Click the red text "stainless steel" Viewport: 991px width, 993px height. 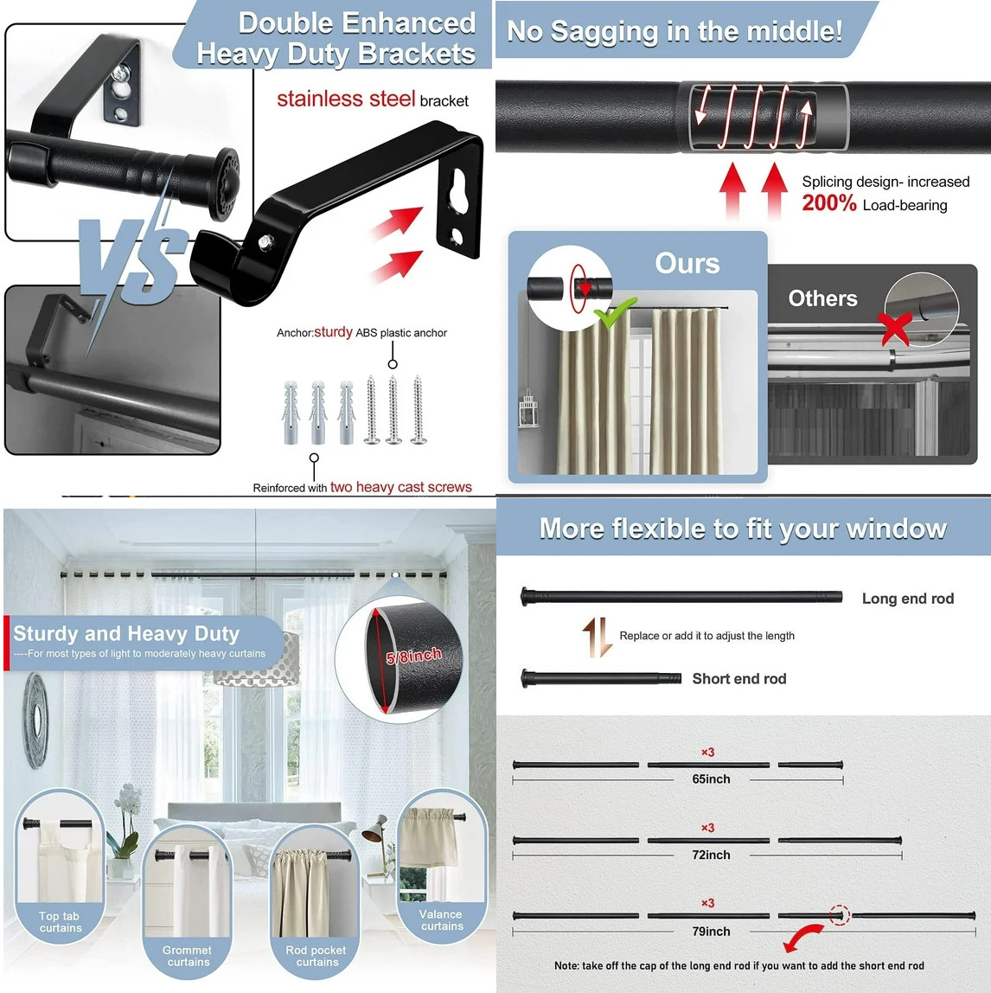coord(346,99)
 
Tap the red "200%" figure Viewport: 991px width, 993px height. coord(829,203)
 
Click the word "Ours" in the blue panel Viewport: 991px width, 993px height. coord(687,264)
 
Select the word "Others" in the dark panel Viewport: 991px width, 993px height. coord(822,298)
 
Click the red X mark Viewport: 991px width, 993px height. coord(895,329)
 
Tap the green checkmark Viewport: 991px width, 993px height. coord(614,313)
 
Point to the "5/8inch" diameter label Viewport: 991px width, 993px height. coord(414,656)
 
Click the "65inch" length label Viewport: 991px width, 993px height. coord(711,779)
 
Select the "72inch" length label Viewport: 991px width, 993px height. coord(711,855)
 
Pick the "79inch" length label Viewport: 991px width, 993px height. coord(711,932)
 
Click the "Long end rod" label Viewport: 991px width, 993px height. coord(907,599)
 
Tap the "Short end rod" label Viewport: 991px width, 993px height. coord(739,679)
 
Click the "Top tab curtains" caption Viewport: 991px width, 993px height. coord(60,922)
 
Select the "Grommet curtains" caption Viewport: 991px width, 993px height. coord(188,956)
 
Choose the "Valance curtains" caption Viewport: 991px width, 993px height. coord(441,920)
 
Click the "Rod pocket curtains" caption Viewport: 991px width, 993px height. coord(316,956)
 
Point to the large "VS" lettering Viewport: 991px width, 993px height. coord(130,259)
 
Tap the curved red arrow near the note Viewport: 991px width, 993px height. coord(803,936)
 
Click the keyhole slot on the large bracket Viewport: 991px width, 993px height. coord(460,191)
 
